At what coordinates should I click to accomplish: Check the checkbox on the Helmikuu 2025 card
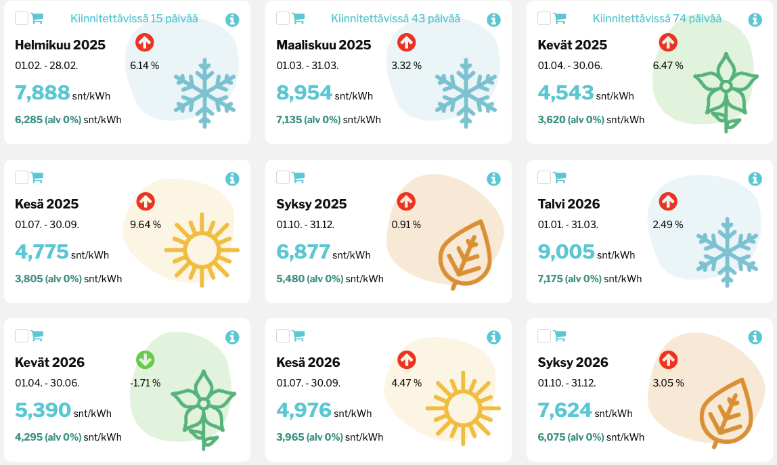point(22,19)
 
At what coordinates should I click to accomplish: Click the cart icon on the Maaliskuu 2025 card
point(298,19)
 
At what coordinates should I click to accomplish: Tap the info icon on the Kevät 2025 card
point(755,20)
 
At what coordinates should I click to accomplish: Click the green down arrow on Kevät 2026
point(145,360)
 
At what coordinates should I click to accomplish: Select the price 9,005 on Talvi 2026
point(566,252)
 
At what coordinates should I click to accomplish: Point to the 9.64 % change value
point(146,225)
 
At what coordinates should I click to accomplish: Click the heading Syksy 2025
point(311,204)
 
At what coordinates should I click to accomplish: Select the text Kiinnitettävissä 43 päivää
point(395,19)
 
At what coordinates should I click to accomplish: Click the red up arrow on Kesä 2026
point(406,360)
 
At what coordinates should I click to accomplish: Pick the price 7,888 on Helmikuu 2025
point(43,93)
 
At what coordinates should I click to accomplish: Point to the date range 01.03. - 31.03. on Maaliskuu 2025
point(307,66)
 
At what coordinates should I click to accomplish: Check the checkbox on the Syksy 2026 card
point(544,336)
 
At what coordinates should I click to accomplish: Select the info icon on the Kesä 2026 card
point(493,337)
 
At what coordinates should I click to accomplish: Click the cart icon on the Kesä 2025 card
point(37,177)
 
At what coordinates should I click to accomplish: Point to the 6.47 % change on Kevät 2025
point(668,66)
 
